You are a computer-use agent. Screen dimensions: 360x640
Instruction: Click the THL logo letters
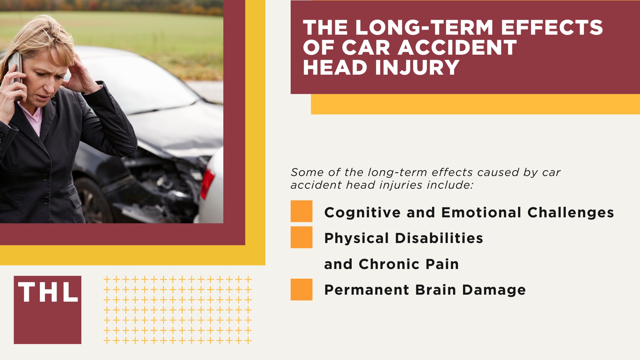tap(48, 292)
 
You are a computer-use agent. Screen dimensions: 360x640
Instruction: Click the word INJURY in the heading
tap(417, 67)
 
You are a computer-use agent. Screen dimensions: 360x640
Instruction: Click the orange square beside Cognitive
tap(301, 211)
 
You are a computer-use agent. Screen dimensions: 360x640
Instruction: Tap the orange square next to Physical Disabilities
tap(301, 237)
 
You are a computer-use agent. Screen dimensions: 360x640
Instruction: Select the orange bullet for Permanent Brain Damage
tap(301, 289)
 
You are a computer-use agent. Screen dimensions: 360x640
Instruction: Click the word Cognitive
tap(362, 213)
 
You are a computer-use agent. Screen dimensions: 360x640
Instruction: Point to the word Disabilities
tap(439, 238)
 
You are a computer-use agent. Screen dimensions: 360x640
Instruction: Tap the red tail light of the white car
tap(207, 183)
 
